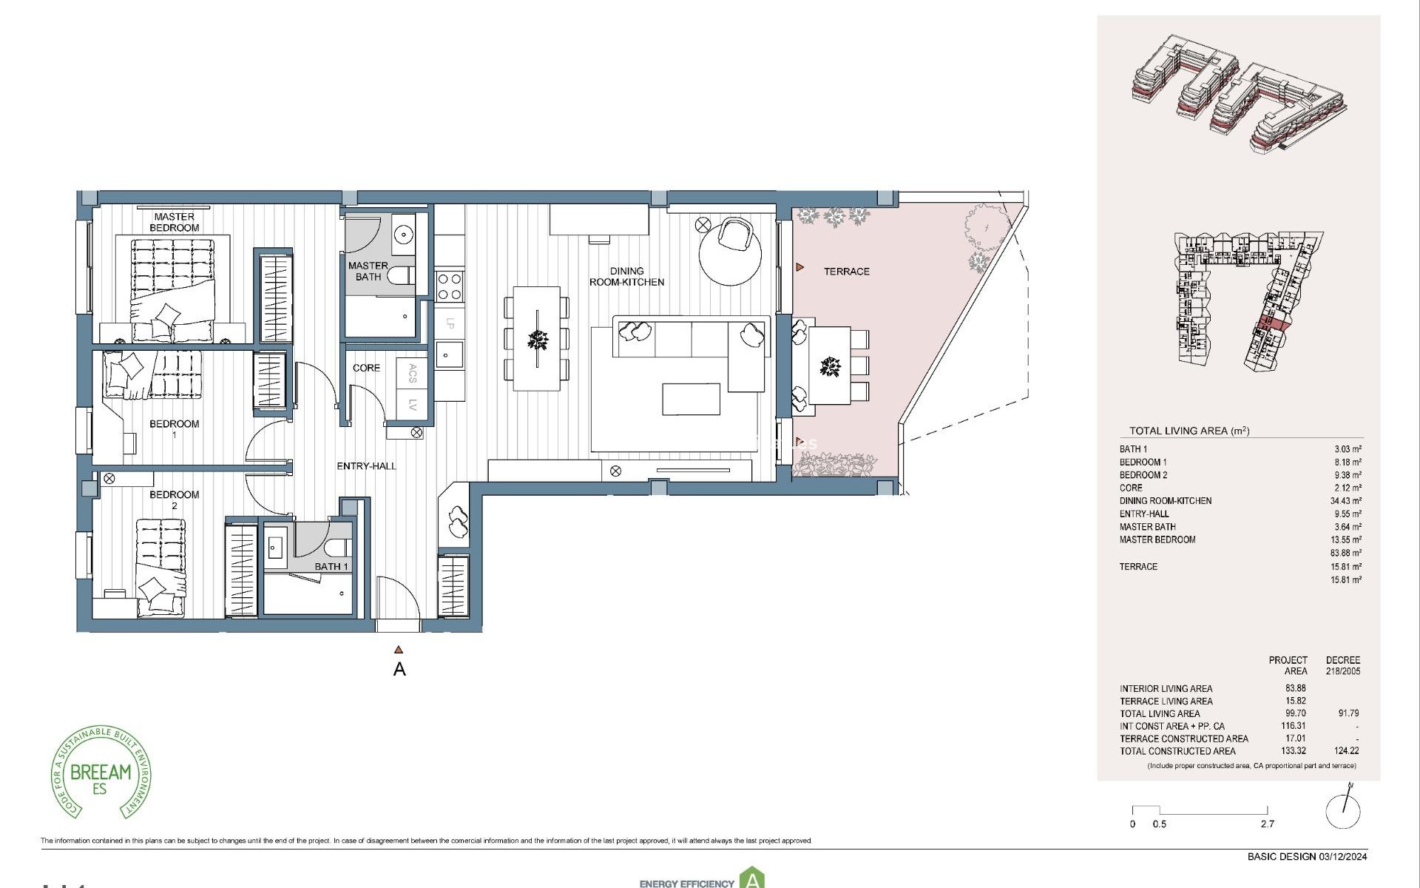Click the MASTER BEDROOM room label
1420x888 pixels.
175,222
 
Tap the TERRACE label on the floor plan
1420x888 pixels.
846,272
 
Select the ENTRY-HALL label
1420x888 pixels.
366,466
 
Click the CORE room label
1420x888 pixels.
366,368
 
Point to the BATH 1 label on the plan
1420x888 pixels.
331,567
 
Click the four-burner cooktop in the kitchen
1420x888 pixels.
450,286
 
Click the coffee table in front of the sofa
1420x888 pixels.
691,399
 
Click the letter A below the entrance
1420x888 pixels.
399,670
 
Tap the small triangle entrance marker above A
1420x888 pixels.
399,650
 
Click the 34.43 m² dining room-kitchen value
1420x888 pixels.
1345,501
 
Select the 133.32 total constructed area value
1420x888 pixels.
1294,751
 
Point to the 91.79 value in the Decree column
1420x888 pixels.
1348,713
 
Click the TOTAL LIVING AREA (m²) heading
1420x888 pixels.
1189,431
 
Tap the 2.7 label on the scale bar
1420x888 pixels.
1267,824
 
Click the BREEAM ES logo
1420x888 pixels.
101,773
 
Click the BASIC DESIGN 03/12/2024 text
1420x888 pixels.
1307,857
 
